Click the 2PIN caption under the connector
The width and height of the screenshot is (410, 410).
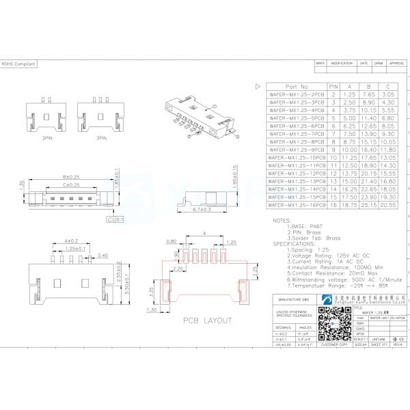47,138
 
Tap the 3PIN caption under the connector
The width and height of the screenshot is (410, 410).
101,138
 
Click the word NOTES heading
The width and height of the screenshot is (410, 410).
282,220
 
